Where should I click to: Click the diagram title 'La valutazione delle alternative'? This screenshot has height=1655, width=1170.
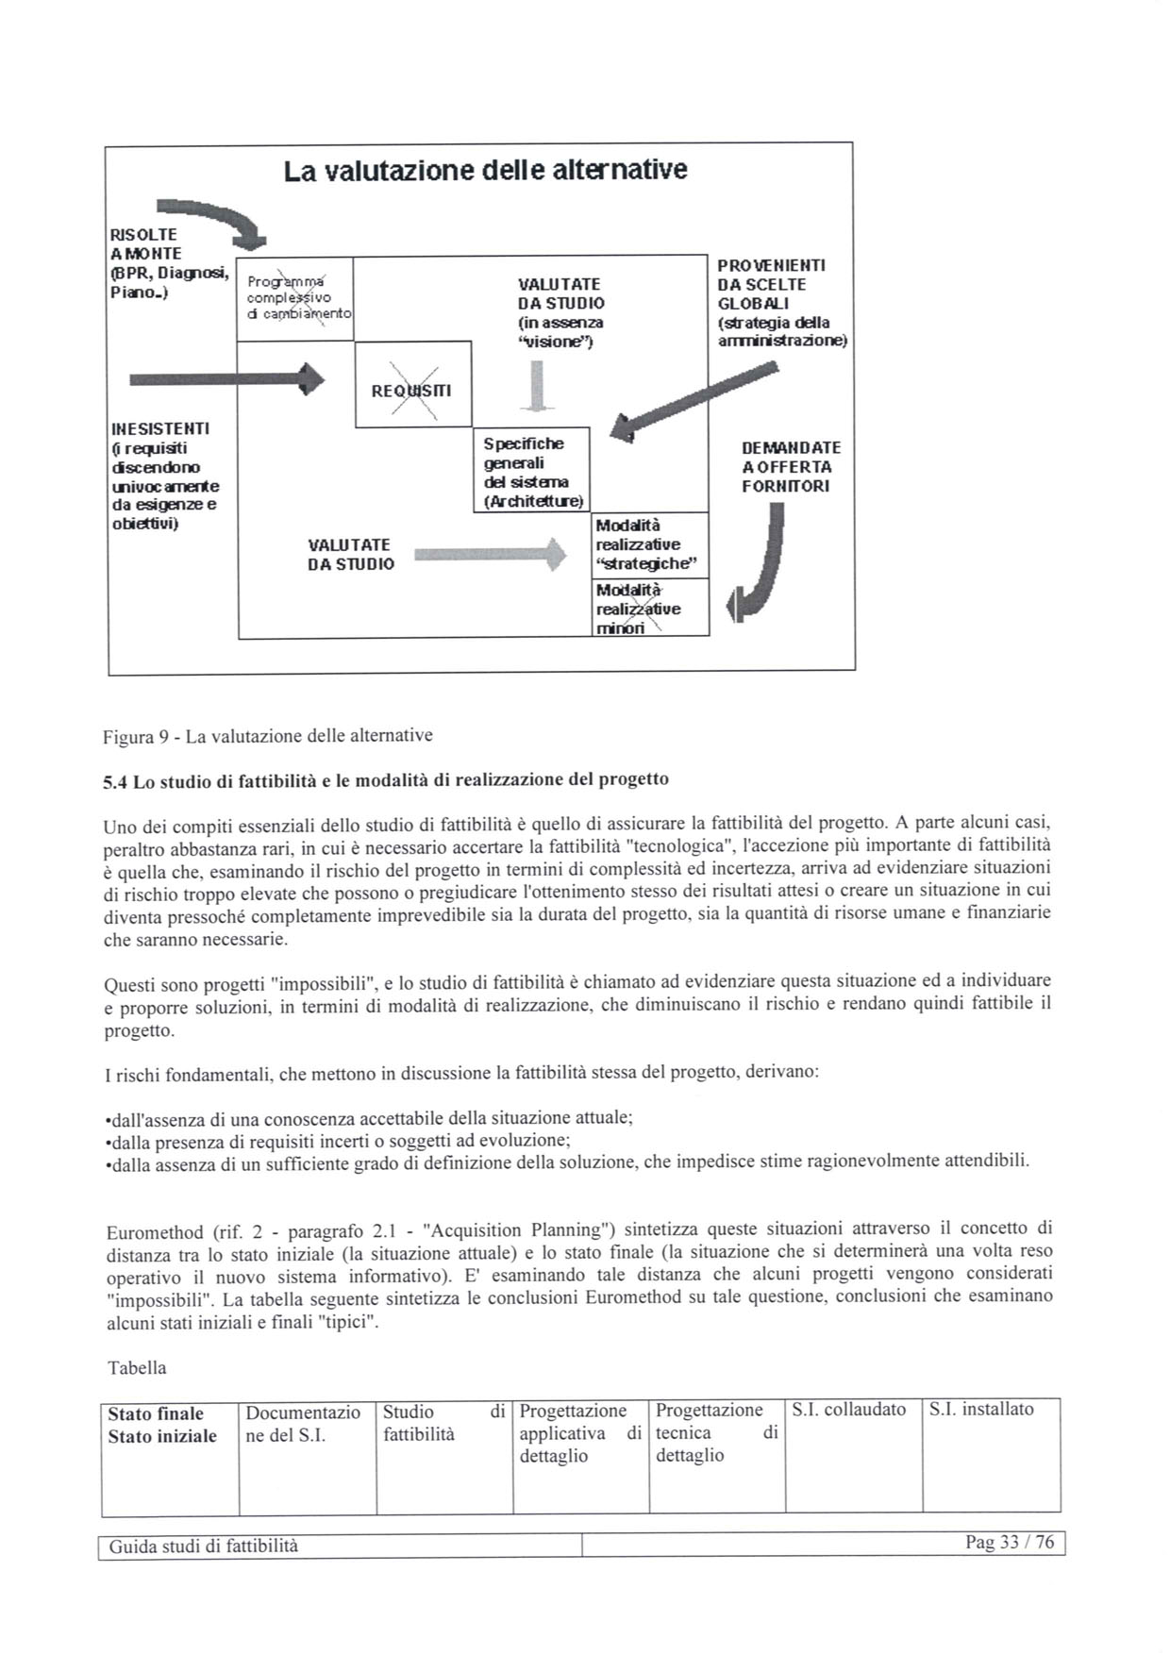point(485,171)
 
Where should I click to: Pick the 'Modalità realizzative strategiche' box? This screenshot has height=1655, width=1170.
point(649,545)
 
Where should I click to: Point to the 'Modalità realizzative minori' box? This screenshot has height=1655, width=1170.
point(649,609)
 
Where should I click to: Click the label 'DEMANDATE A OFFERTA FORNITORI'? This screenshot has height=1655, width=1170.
point(791,467)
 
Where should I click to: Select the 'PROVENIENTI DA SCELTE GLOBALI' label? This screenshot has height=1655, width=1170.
point(781,303)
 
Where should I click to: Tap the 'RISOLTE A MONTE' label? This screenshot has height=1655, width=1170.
point(167,263)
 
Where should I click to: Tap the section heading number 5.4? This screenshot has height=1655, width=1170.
point(116,782)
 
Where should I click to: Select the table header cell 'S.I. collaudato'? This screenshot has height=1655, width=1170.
point(848,1410)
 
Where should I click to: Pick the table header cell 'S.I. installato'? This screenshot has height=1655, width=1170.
point(981,1410)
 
